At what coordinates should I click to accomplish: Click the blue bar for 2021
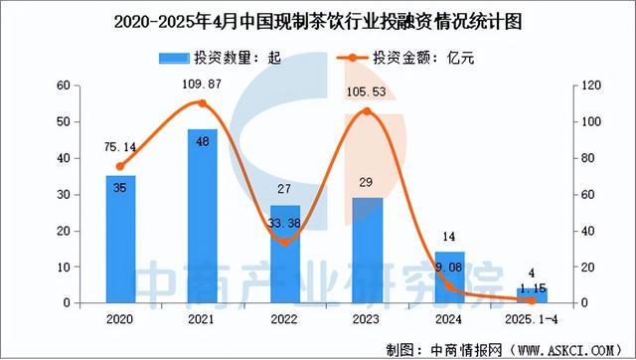203,216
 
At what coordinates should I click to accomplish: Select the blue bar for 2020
121,239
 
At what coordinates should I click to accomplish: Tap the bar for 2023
367,250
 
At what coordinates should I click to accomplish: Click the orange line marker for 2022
284,242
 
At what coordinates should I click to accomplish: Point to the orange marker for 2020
121,166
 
